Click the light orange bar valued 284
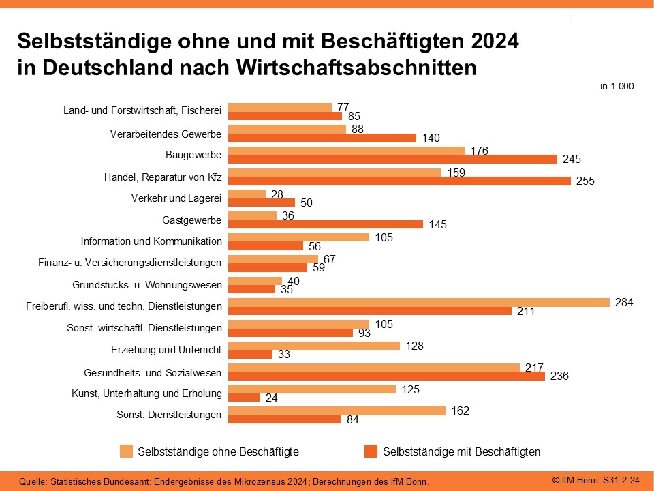[419, 302]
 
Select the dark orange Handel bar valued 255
[400, 181]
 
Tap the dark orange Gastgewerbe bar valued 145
[326, 224]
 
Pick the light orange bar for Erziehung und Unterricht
[314, 346]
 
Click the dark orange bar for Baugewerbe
[392, 159]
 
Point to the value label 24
[271, 398]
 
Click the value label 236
[559, 376]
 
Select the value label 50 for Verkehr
[307, 203]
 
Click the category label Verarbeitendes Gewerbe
[166, 134]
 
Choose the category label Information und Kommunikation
[151, 241]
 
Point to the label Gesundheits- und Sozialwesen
[153, 373]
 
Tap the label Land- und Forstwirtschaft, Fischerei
[142, 110]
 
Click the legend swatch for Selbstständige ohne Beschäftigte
[126, 451]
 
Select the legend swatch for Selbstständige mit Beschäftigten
[371, 451]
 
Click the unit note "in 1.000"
[617, 87]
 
